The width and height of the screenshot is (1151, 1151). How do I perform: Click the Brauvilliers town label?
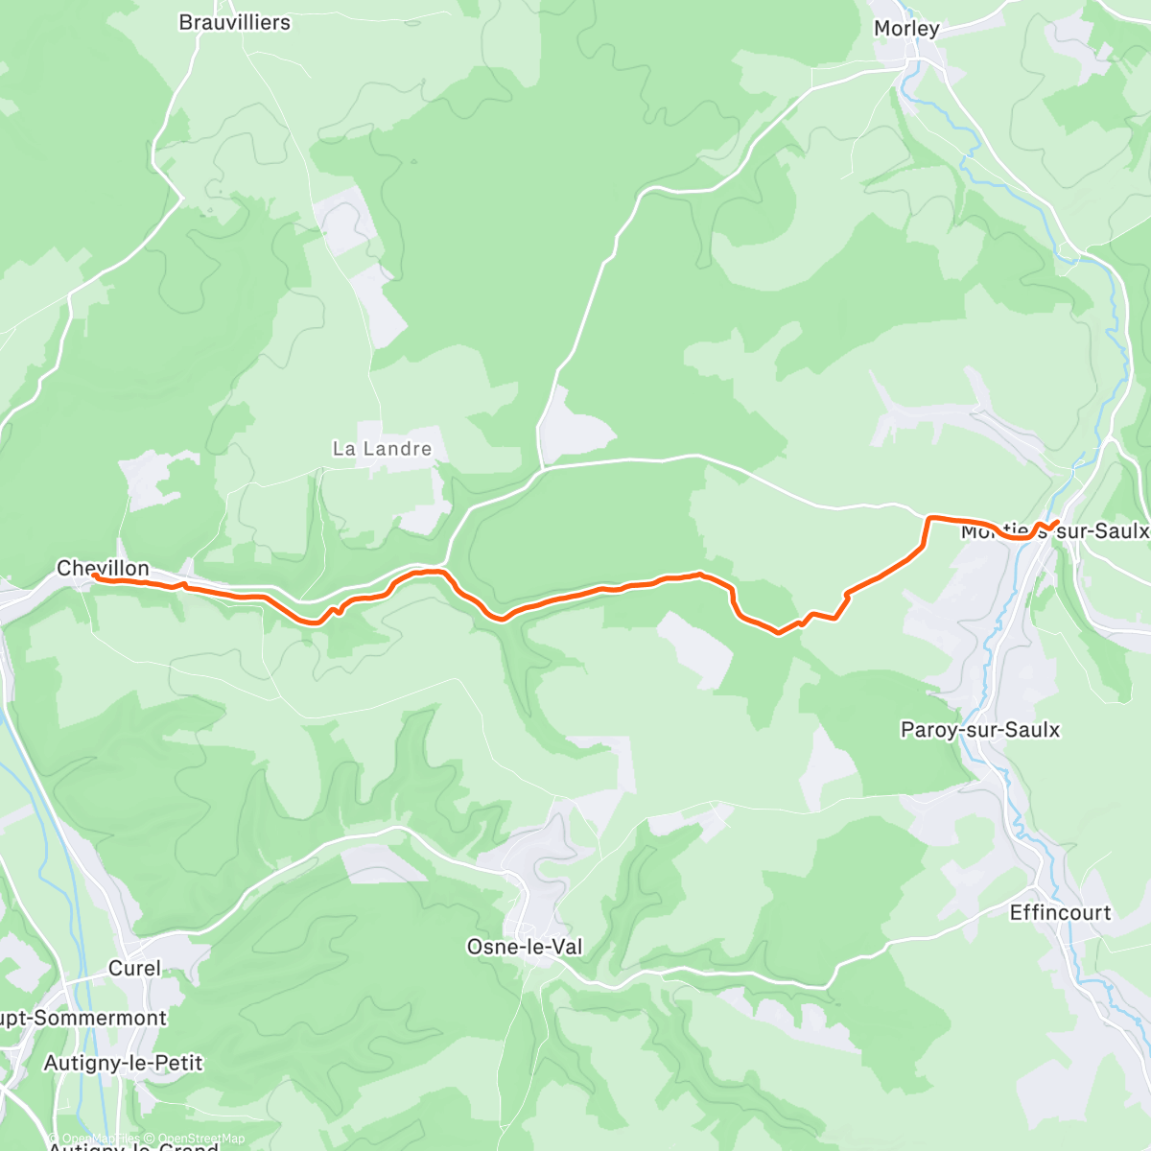click(x=234, y=22)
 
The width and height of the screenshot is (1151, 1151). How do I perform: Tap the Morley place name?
click(x=905, y=29)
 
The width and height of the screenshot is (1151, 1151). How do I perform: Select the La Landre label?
click(x=382, y=449)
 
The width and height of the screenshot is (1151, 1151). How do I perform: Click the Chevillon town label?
click(x=103, y=568)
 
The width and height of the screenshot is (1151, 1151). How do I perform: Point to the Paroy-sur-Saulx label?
click(x=980, y=730)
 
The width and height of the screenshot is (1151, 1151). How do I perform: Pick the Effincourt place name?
click(x=1060, y=912)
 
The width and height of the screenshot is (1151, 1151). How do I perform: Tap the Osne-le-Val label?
click(x=524, y=947)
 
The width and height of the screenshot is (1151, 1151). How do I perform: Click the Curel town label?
click(x=134, y=968)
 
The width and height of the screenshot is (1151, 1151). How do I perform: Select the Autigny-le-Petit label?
click(x=124, y=1063)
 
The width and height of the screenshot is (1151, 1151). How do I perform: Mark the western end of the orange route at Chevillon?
click(x=95, y=576)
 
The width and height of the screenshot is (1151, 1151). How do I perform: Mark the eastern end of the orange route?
click(x=1057, y=522)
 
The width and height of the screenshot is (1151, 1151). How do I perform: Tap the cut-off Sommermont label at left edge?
click(x=82, y=1018)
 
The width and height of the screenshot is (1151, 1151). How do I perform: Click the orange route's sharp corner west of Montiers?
click(x=928, y=519)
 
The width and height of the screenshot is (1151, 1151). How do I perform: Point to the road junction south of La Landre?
click(x=447, y=564)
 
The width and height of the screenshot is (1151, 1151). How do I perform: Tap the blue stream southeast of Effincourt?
click(x=1103, y=998)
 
